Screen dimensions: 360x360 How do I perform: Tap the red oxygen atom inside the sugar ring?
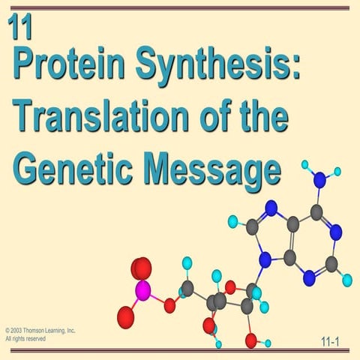[230, 285]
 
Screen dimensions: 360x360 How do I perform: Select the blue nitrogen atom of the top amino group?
[319, 179]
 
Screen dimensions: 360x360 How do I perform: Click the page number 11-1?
[329, 343]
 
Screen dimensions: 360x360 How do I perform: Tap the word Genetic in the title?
[68, 166]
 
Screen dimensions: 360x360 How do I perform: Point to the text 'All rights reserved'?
[25, 339]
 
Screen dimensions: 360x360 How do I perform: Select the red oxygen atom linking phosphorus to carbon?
[170, 304]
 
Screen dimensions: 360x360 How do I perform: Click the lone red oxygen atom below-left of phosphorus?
[126, 317]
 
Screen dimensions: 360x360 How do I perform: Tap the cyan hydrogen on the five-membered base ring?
[233, 221]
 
